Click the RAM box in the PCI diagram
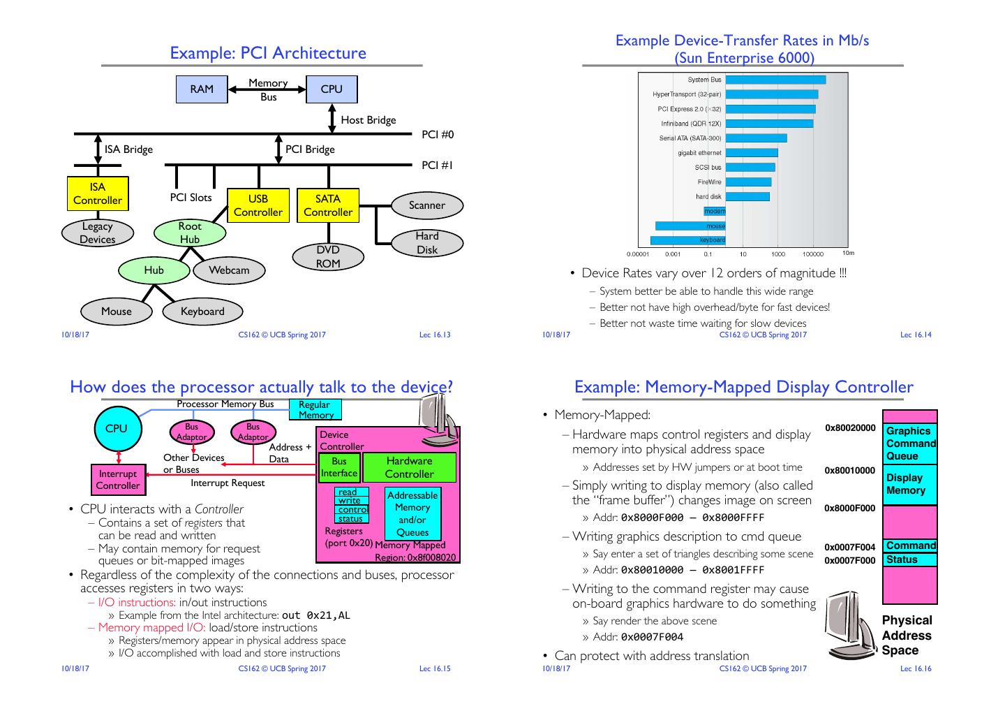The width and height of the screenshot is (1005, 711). (x=202, y=89)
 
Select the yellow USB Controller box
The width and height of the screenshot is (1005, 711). (x=258, y=205)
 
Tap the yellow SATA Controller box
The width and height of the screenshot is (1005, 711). (x=328, y=205)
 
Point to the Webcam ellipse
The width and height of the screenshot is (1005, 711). (x=229, y=270)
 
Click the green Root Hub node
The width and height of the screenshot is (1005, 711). (x=190, y=233)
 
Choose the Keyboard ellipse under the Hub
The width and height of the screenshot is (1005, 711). (x=202, y=311)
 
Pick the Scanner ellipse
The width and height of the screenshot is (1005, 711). (x=426, y=205)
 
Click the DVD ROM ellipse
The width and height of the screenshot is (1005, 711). (x=328, y=256)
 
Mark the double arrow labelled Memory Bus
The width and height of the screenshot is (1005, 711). (x=267, y=89)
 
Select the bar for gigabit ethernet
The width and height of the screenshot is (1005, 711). (x=752, y=153)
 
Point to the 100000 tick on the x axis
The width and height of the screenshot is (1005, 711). (x=813, y=254)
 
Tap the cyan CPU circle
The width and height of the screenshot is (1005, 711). (x=117, y=429)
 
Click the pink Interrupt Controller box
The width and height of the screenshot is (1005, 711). (x=118, y=480)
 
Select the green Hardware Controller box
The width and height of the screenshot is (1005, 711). (x=410, y=467)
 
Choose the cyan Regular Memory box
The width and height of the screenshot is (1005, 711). (x=315, y=410)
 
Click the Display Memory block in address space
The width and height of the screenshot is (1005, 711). (x=909, y=484)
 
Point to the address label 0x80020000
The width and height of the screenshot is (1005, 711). (x=850, y=427)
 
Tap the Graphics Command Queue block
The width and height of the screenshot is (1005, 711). (x=909, y=444)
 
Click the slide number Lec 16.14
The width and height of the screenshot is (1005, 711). (x=916, y=335)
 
